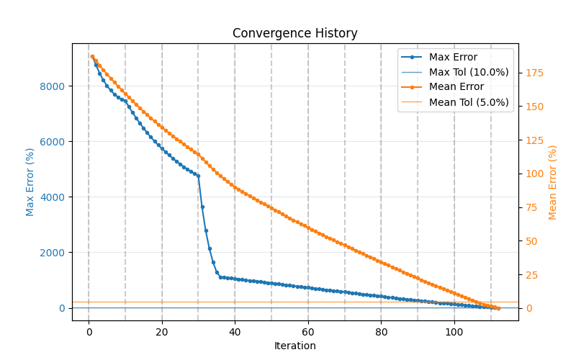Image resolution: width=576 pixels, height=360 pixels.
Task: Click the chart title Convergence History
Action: (x=294, y=34)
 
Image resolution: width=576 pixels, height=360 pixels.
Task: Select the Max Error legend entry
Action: (x=453, y=57)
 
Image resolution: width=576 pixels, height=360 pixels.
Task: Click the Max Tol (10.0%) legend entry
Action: (x=469, y=72)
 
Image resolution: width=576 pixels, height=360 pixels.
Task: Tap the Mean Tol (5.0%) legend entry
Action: (x=469, y=102)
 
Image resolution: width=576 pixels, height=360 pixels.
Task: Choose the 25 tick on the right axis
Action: (x=531, y=274)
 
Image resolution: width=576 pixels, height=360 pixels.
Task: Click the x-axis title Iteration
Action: (x=294, y=346)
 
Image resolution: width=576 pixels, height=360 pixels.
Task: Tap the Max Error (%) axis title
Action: (x=30, y=181)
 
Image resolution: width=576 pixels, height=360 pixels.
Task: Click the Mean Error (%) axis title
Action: (x=553, y=181)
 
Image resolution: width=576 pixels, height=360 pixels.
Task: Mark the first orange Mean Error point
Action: (x=92, y=56)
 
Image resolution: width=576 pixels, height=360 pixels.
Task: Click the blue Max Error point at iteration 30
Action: (x=198, y=175)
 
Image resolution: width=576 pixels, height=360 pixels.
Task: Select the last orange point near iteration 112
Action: (x=498, y=308)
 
